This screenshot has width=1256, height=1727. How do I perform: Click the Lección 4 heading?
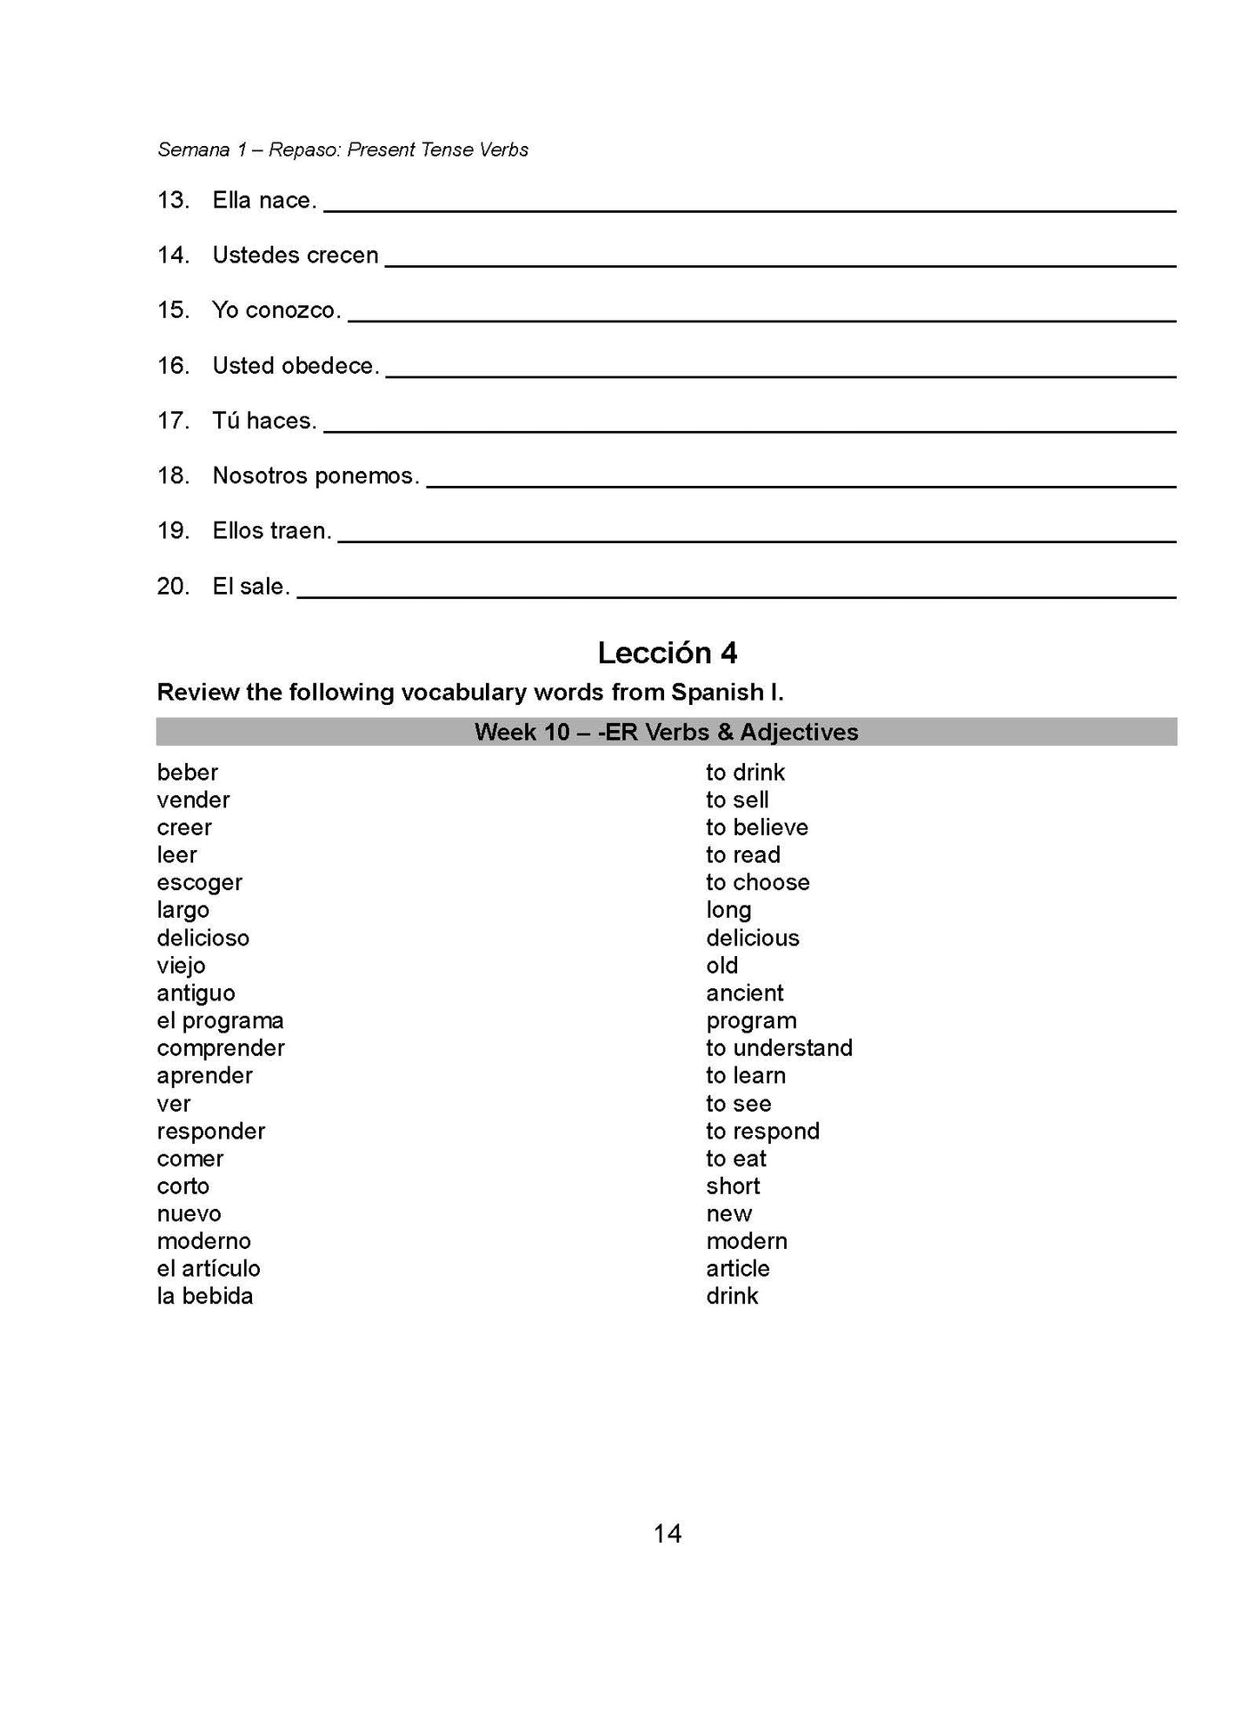pos(667,653)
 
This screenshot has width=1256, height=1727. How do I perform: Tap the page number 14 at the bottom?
pos(667,1534)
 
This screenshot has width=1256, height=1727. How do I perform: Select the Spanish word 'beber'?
pos(188,772)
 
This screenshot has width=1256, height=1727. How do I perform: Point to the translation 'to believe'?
pos(757,827)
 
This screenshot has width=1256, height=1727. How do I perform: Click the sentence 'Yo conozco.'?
pos(276,310)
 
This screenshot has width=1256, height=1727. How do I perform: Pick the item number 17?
pos(173,421)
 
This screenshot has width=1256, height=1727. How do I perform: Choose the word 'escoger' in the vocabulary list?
pos(199,882)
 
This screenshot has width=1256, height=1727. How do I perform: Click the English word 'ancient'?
pos(745,993)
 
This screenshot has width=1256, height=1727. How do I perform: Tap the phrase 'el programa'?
pos(220,1020)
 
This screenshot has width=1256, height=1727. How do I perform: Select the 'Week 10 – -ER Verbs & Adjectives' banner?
pos(667,732)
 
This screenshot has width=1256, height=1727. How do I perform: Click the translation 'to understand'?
pos(779,1048)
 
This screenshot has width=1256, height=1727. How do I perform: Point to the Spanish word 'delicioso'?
pos(203,938)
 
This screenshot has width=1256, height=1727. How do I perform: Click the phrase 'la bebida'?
pos(205,1296)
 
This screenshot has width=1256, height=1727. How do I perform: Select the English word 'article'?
pos(738,1268)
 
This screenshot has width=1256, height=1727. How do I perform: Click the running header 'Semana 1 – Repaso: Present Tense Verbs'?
pos(342,149)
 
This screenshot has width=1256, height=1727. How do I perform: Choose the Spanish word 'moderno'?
pos(203,1241)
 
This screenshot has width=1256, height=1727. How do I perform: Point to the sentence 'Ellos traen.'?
pos(272,531)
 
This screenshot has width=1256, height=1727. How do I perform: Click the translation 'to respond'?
pos(762,1131)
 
